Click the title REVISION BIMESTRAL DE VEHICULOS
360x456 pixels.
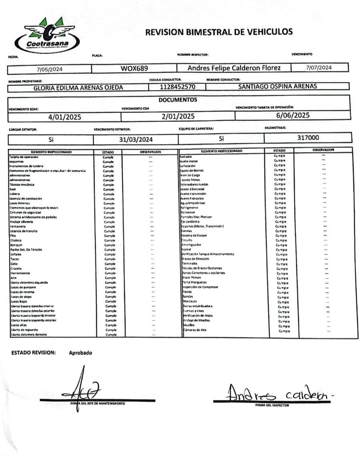[219, 32]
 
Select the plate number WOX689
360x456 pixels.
[134, 68]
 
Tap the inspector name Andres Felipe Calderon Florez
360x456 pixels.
[234, 68]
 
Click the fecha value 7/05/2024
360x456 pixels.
[50, 69]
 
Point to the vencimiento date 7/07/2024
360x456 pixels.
[319, 68]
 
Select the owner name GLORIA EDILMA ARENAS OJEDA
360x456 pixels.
[78, 88]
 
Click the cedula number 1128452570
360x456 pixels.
[177, 87]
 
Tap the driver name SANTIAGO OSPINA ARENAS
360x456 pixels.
[277, 86]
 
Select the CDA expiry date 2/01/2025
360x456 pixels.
[178, 116]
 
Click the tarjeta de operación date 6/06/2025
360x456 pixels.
[293, 115]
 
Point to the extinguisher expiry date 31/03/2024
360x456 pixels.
[136, 139]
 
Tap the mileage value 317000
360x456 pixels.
[308, 138]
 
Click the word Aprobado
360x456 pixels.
[80, 353]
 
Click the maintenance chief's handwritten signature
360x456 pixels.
[83, 390]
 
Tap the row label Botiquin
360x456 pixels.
[16, 245]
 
